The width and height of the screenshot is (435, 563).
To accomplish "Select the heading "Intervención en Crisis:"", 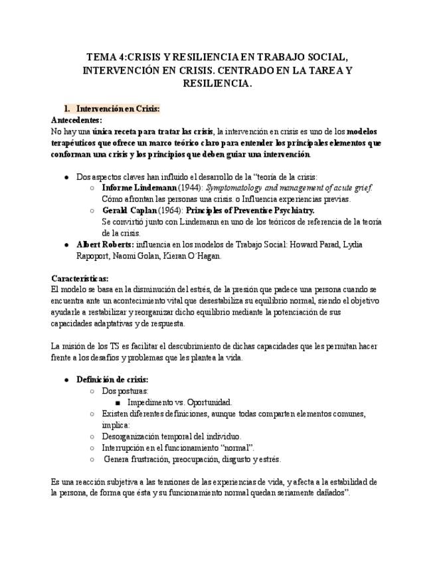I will coord(118,108).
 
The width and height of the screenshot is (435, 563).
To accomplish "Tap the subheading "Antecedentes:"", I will coord(76,120).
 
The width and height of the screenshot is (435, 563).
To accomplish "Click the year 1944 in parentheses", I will coord(191,188).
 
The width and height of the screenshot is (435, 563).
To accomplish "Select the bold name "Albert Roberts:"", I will coord(104,244).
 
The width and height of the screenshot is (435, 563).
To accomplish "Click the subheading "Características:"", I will coord(80,278).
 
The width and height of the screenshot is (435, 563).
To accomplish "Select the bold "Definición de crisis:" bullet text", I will coord(112,379).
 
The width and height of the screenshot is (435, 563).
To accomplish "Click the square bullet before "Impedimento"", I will coord(117,402).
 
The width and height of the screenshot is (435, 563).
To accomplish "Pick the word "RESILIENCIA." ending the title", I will coord(217,84).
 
